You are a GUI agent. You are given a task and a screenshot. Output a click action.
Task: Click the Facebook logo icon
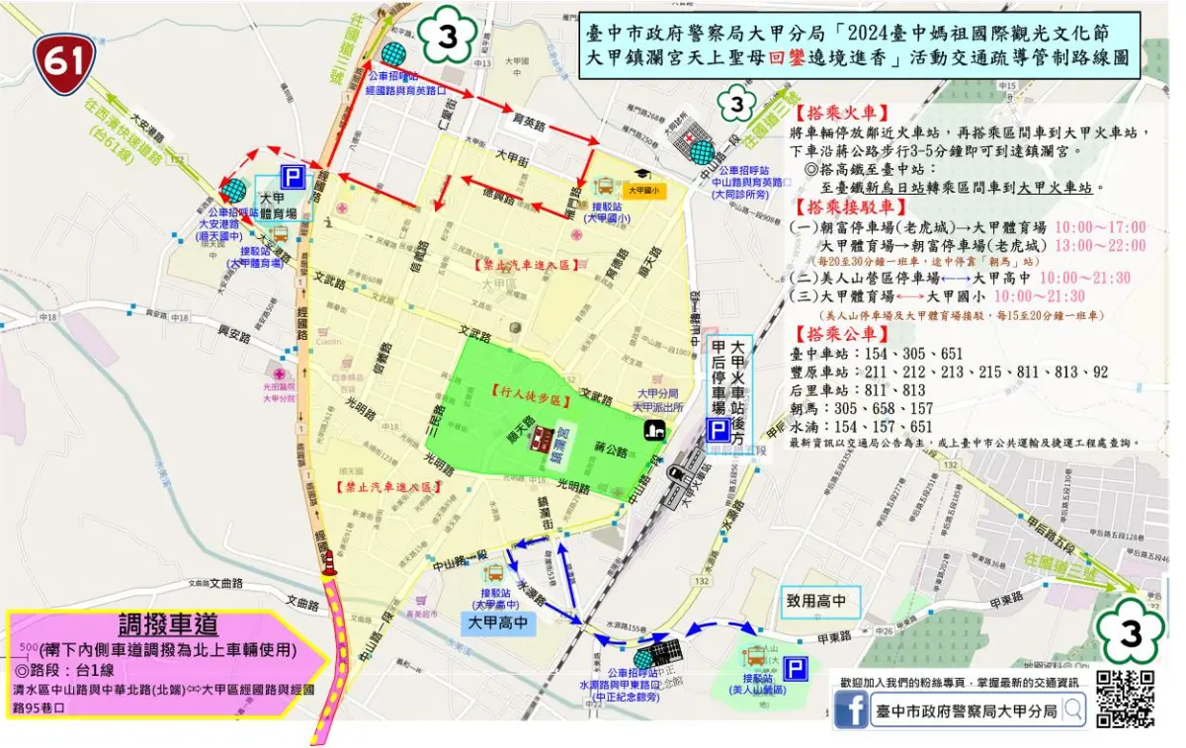[x=850, y=709]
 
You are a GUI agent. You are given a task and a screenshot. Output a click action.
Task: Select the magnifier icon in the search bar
[x=1072, y=709]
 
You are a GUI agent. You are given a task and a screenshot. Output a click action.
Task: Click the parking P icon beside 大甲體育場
[x=293, y=178]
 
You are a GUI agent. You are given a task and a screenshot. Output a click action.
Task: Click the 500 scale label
[x=21, y=647]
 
